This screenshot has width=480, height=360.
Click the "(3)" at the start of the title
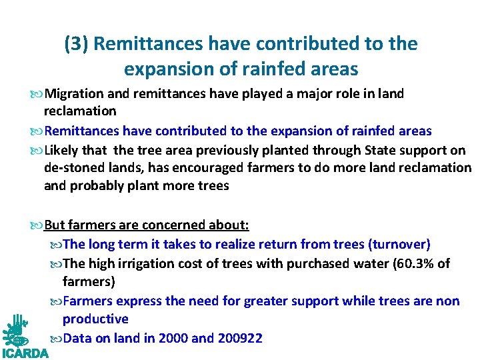(x=76, y=44)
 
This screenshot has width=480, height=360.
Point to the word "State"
(x=371, y=149)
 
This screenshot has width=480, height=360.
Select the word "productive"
(x=95, y=319)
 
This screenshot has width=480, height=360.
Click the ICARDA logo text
(x=25, y=353)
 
